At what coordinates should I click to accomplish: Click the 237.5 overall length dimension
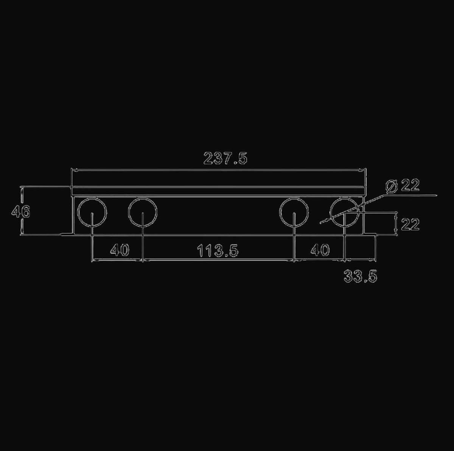tap(225, 158)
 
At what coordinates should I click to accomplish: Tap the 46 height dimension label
tap(21, 211)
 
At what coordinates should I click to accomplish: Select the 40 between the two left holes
tap(120, 250)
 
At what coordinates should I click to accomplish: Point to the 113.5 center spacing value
tap(218, 250)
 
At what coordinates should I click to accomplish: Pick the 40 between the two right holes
tap(320, 250)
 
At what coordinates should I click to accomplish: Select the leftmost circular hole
tap(78, 213)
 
